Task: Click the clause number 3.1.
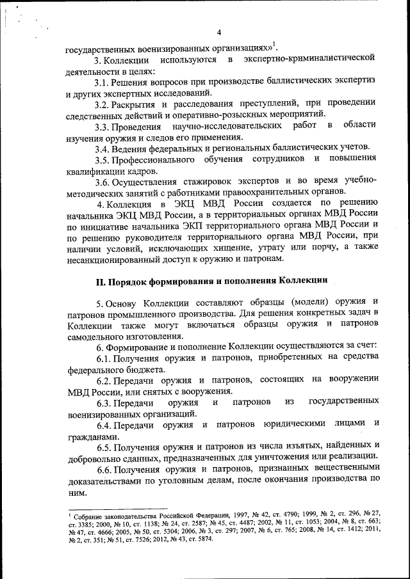(103, 82)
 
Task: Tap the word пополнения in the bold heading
(245, 280)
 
